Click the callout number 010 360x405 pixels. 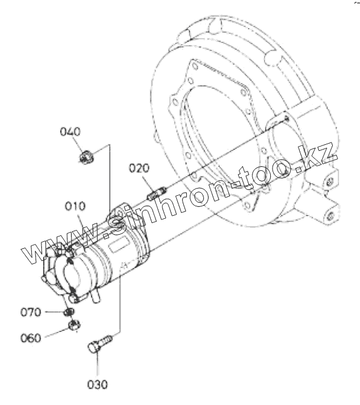click(75, 206)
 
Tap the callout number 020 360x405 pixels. click(139, 168)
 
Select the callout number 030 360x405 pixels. click(98, 384)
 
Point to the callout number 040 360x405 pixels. click(70, 132)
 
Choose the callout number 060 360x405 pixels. click(31, 338)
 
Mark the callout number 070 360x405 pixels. click(31, 312)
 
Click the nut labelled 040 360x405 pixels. click(86, 157)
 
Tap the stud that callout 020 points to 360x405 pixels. click(157, 193)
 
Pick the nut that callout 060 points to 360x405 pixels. click(74, 325)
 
